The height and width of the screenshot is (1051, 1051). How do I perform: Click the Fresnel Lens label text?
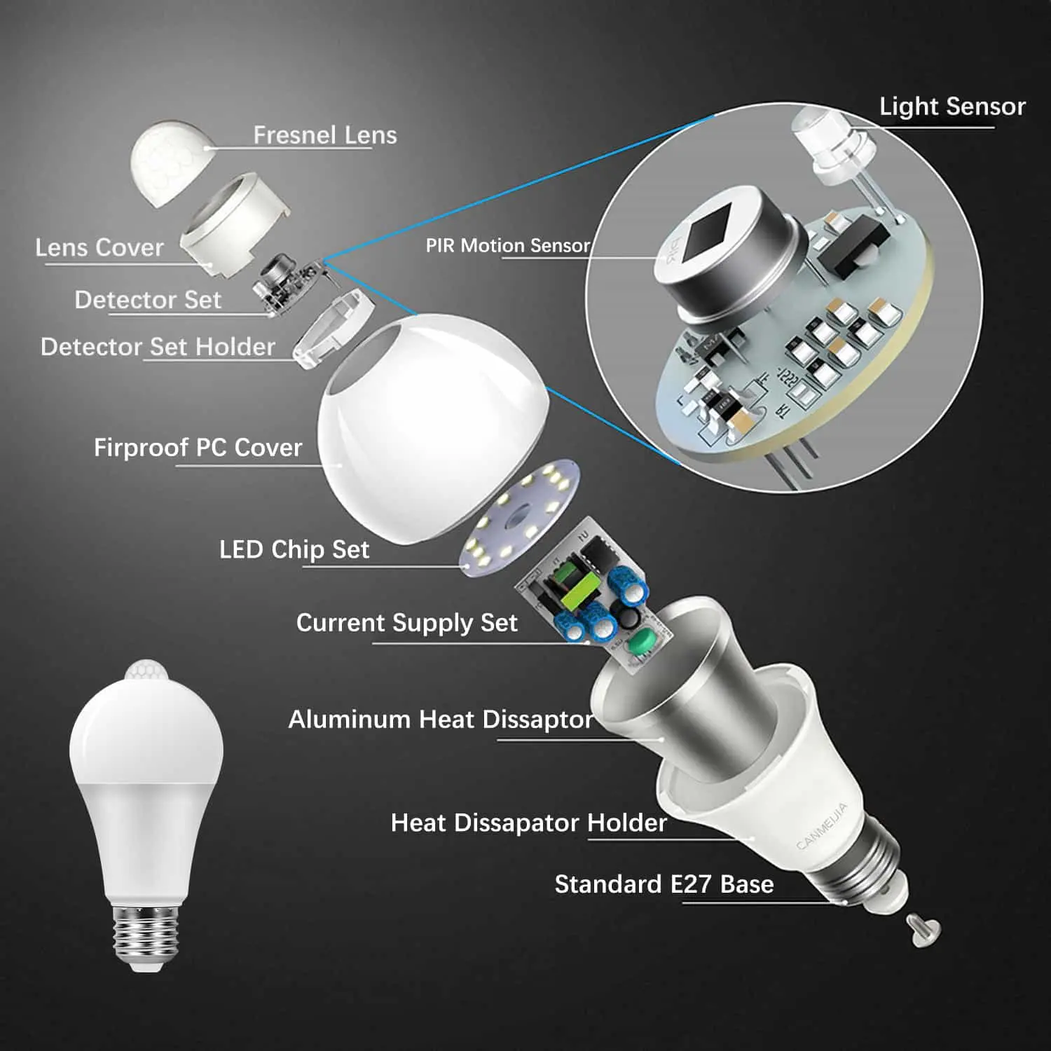tap(324, 135)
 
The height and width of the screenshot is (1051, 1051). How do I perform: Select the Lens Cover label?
tap(99, 247)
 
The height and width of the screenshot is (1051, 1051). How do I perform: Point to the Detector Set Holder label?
tap(158, 347)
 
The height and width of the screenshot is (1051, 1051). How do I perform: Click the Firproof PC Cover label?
tap(198, 447)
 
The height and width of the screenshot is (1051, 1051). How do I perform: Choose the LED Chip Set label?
tap(294, 549)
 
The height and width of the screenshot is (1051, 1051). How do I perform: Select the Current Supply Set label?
tap(406, 622)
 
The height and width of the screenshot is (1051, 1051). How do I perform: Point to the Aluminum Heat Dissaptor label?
tap(441, 719)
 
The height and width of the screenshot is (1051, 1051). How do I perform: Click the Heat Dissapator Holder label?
tap(528, 823)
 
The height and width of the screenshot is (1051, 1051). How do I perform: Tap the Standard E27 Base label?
tap(664, 884)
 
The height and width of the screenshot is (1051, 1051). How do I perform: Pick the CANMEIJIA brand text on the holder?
tap(821, 827)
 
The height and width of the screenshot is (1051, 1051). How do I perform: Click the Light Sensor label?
tap(952, 107)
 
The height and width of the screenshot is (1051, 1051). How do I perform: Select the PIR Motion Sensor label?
tap(508, 245)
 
